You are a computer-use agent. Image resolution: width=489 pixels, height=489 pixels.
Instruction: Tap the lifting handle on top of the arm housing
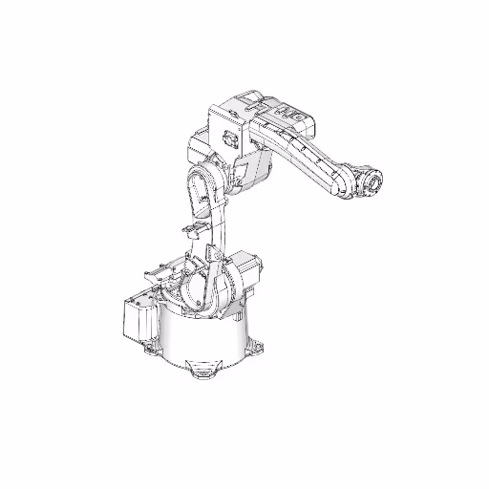point(247,96)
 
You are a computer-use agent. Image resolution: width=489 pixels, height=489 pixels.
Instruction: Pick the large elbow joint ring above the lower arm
point(203,186)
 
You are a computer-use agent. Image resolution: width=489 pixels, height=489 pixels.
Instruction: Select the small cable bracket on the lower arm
point(191,230)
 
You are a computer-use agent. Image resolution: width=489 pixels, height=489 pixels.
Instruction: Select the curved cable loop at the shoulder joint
point(196,296)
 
